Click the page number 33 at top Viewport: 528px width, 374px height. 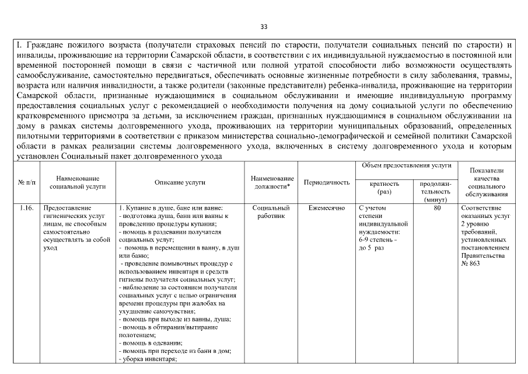click(x=264, y=27)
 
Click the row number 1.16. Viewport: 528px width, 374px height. click(x=26, y=208)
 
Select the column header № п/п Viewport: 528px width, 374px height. click(x=26, y=183)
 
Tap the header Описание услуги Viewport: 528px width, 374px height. click(x=180, y=183)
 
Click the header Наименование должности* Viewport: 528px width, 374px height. click(x=272, y=182)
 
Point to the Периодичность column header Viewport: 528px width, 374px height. click(x=327, y=183)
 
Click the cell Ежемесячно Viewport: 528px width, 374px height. click(x=327, y=208)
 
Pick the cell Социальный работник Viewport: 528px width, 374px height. click(x=272, y=212)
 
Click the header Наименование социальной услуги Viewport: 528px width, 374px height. click(x=78, y=182)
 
